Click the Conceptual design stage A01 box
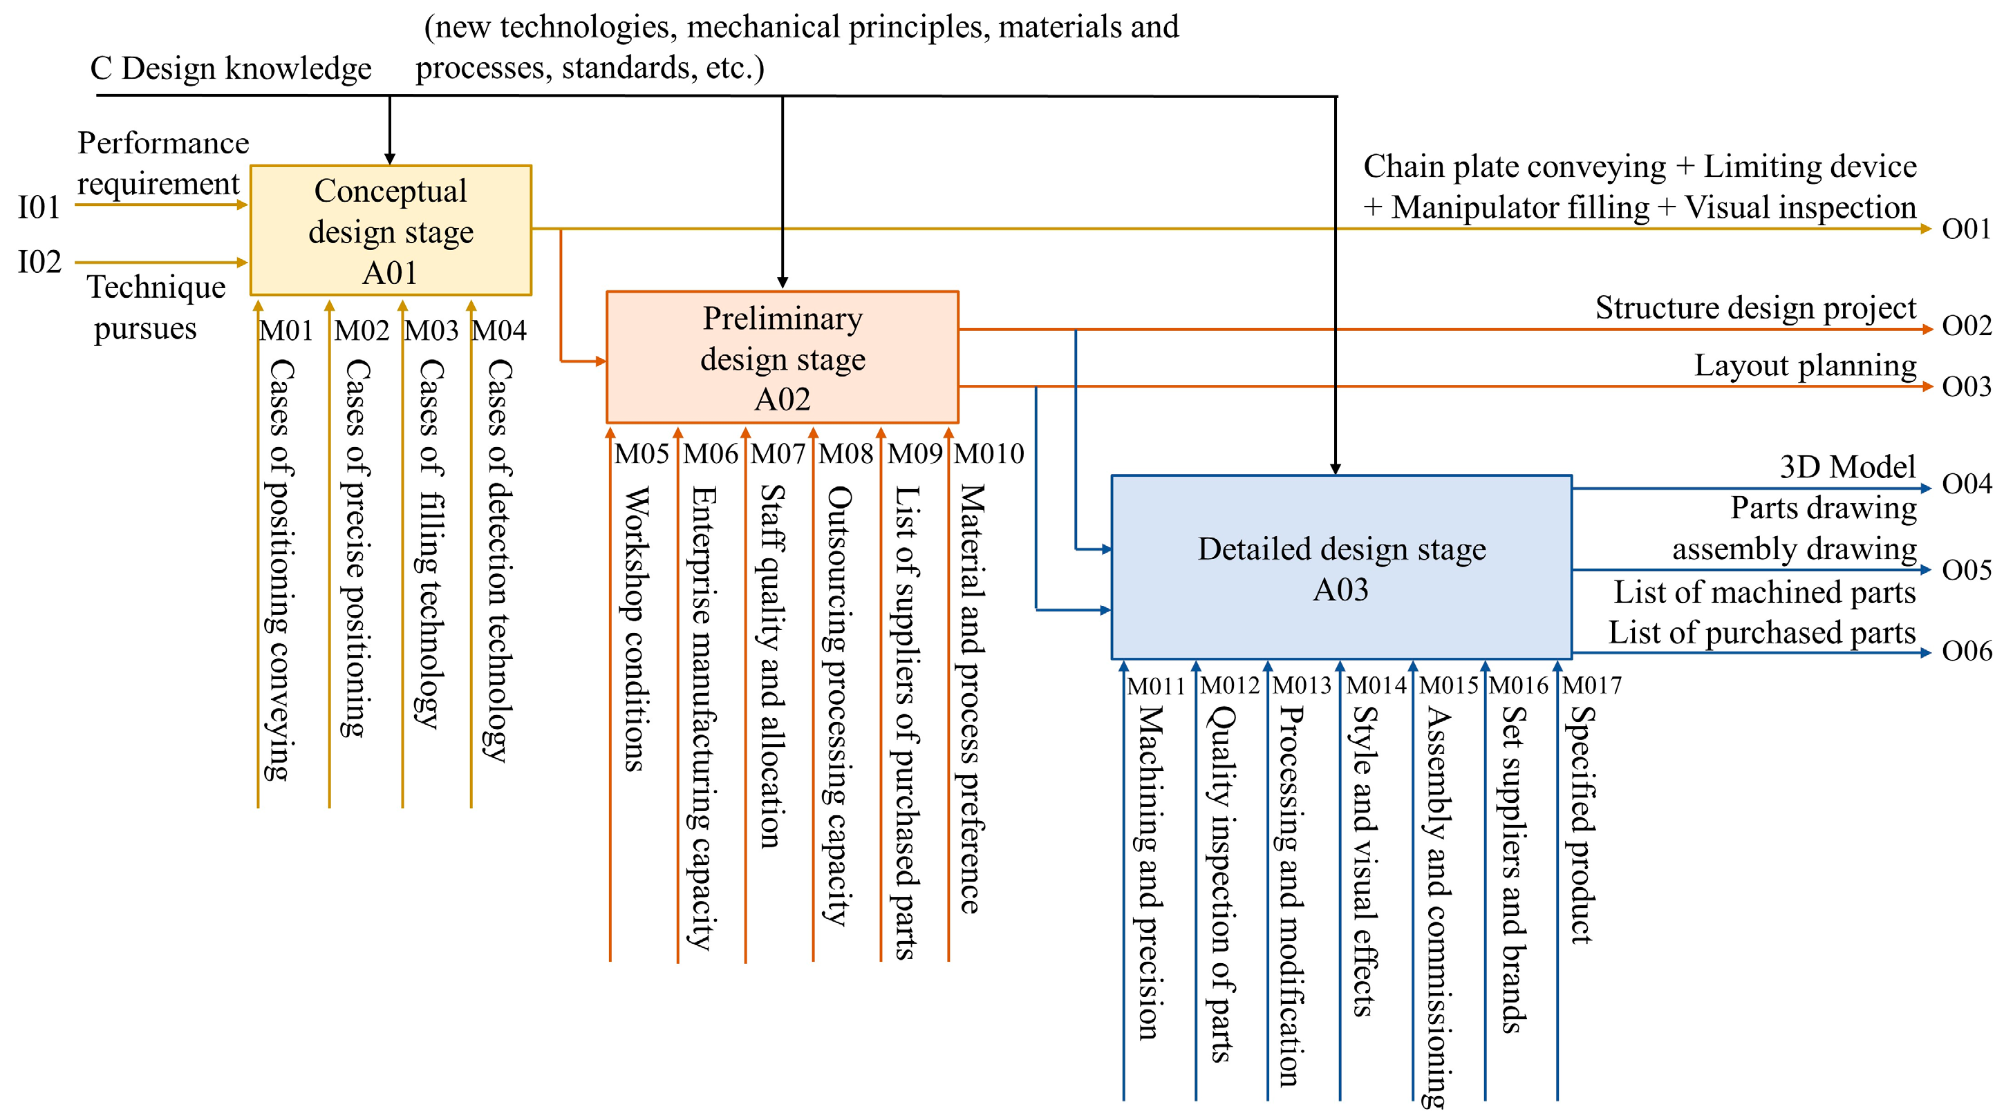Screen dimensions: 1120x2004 coord(391,230)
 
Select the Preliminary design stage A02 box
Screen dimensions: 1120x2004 coord(782,358)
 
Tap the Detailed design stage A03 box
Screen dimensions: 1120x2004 coord(1341,568)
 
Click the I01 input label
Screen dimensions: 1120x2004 coord(39,208)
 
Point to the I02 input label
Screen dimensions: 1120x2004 coord(39,262)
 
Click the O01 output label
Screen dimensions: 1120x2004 coord(1966,229)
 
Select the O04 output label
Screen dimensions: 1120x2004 coord(1966,484)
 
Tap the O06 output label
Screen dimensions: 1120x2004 coord(1966,651)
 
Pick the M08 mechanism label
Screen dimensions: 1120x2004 coord(845,453)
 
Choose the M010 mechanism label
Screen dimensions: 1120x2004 coord(989,453)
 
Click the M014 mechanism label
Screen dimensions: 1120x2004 coord(1376,686)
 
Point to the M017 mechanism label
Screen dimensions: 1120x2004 coord(1592,686)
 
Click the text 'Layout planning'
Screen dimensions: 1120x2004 coord(1805,366)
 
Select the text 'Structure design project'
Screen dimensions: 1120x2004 coord(1755,308)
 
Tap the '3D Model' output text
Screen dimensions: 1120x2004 coord(1847,466)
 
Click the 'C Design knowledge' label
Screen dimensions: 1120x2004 coord(230,68)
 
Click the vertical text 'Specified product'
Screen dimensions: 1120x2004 coord(1581,824)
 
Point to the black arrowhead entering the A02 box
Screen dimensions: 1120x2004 coord(783,283)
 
